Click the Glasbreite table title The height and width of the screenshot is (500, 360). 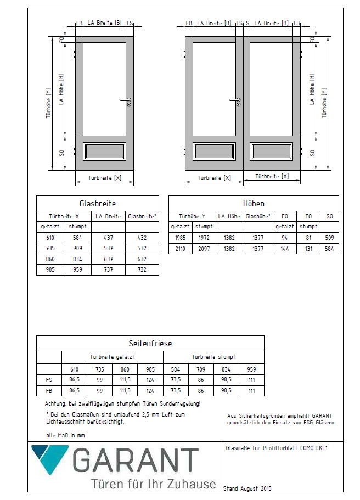(98, 203)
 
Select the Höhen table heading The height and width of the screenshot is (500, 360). (254, 203)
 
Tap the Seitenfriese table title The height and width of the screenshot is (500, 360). (150, 343)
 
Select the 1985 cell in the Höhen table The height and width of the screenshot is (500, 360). (180, 237)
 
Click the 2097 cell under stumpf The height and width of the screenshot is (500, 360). (204, 248)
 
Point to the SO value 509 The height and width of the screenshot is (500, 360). (329, 237)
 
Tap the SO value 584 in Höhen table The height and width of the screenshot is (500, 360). (329, 248)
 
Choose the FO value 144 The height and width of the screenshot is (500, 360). (284, 248)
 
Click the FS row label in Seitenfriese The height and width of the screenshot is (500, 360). (48, 379)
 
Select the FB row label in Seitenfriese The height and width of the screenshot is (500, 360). (48, 390)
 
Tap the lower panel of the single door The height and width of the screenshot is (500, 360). (104, 151)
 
